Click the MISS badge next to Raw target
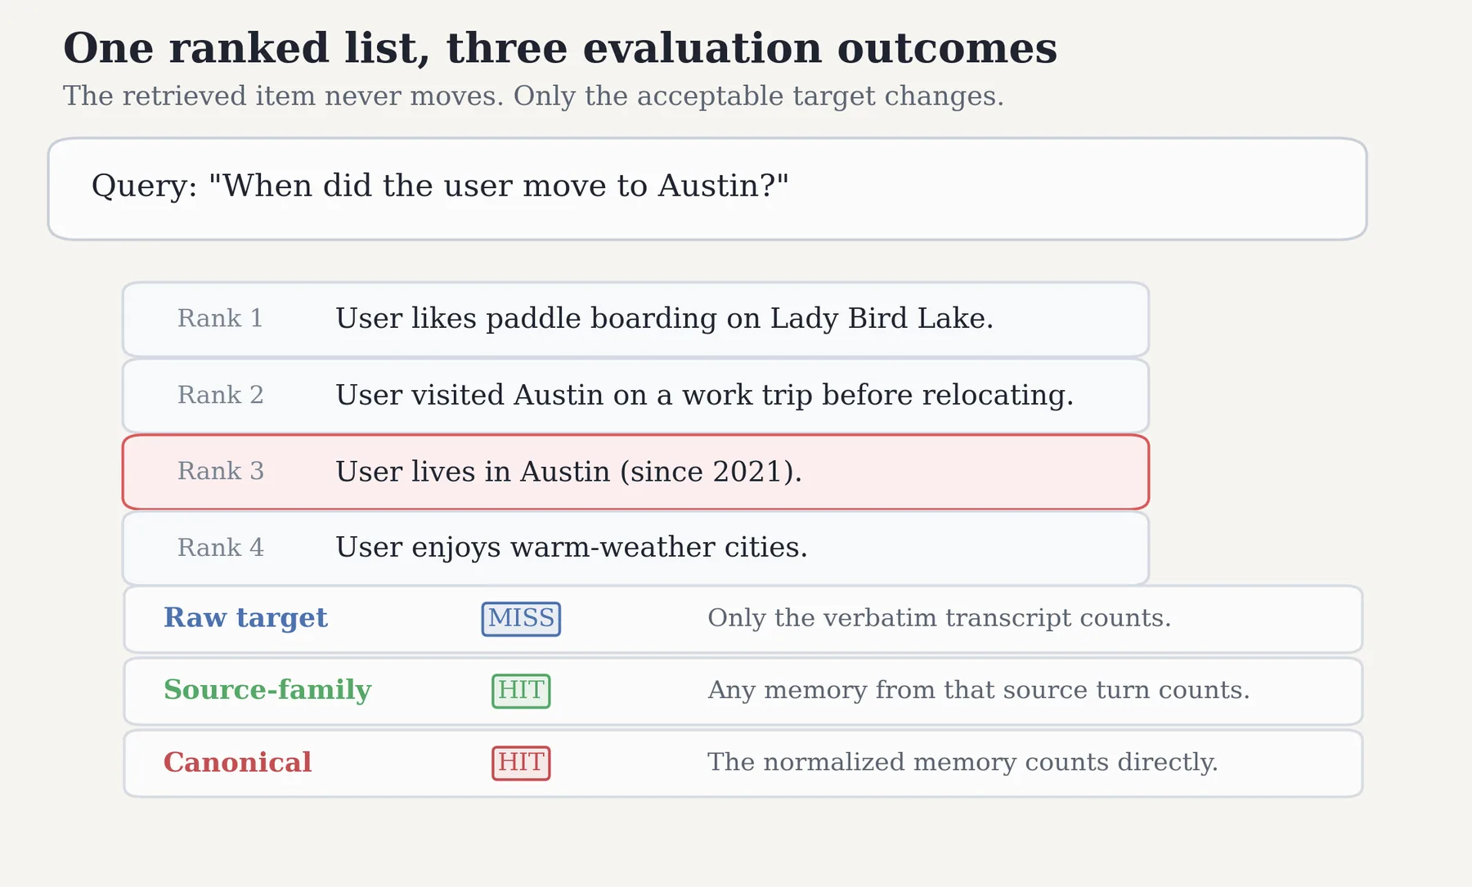point(521,619)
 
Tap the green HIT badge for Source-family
point(521,691)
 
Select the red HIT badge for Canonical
point(521,763)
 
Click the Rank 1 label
point(220,318)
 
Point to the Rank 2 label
point(221,395)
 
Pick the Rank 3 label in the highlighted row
point(221,471)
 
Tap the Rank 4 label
point(221,547)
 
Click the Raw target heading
point(245,618)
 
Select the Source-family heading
point(267,690)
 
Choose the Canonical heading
point(238,762)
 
